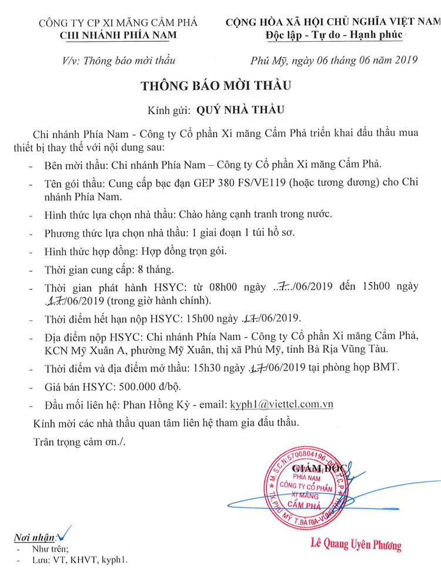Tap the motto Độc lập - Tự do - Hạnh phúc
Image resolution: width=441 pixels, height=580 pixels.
tap(333, 35)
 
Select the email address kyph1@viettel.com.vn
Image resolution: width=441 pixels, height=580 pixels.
tap(283, 405)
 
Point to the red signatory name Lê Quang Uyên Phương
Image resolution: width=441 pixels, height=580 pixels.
tap(356, 544)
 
